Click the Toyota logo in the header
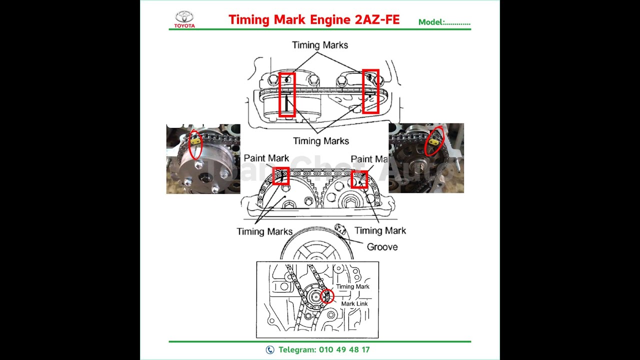184,18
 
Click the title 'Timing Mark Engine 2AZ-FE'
314,19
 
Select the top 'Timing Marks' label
320,45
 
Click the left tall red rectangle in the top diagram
287,94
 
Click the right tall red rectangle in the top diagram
370,91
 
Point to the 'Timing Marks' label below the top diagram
321,141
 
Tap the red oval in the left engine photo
196,145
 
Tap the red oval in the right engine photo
434,141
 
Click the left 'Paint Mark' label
266,158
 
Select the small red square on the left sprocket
281,176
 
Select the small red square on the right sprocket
359,179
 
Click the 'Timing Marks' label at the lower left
264,231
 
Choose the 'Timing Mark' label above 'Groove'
380,230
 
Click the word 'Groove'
382,246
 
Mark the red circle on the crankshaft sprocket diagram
327,296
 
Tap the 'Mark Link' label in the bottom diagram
354,303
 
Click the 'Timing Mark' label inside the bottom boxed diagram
352,286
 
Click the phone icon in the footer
270,350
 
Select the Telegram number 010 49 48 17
344,350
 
